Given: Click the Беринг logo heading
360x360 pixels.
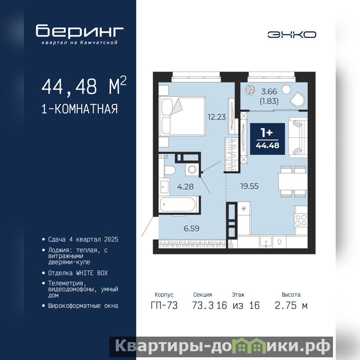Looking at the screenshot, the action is (x=80, y=31).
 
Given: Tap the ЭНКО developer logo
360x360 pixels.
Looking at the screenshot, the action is (x=292, y=35).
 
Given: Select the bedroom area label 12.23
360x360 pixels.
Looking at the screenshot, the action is (x=217, y=117).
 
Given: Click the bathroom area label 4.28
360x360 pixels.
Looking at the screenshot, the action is (x=185, y=187).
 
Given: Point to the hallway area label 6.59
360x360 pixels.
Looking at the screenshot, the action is (x=192, y=229).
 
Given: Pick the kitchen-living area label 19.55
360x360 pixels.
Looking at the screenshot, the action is (x=249, y=186).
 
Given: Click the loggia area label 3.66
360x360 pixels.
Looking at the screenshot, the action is (x=269, y=92).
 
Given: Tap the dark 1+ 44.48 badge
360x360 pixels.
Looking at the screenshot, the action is (x=267, y=139).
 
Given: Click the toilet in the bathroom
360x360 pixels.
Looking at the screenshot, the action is (x=170, y=170).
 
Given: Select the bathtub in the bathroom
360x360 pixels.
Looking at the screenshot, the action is (x=178, y=204).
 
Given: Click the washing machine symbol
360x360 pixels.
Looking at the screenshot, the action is (x=192, y=170).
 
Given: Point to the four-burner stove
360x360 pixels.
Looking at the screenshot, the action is (x=301, y=220).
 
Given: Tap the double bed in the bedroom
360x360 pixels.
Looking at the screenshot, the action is (x=183, y=116).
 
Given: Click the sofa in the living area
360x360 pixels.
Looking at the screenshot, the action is (x=298, y=137).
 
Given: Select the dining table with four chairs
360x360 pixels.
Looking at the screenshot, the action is (x=293, y=182).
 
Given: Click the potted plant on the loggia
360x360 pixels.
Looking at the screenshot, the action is (x=250, y=90).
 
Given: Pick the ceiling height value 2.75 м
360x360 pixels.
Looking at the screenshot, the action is (x=291, y=306).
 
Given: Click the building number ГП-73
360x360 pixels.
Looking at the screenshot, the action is (x=164, y=306).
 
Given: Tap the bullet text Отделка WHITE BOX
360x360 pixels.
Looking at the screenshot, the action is (x=78, y=273).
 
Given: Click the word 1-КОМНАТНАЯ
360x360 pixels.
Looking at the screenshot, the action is (x=80, y=109).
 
